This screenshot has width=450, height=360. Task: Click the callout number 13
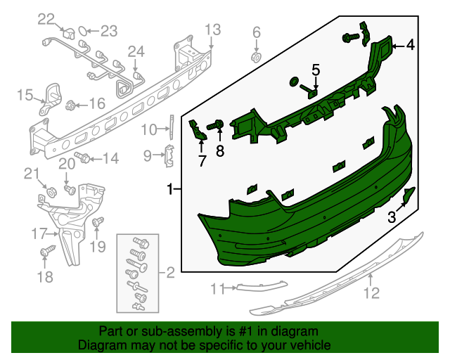click(212, 29)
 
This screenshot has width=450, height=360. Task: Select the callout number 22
click(46, 18)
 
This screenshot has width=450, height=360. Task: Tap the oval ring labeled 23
click(83, 31)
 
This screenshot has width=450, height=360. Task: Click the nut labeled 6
click(257, 55)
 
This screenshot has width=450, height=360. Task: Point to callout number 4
click(410, 46)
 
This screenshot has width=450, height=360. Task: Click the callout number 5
click(316, 70)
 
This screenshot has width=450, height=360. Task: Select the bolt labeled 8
click(218, 126)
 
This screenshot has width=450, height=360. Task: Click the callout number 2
click(169, 271)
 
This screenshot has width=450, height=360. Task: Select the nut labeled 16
click(70, 106)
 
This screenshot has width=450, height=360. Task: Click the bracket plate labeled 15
click(51, 96)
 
